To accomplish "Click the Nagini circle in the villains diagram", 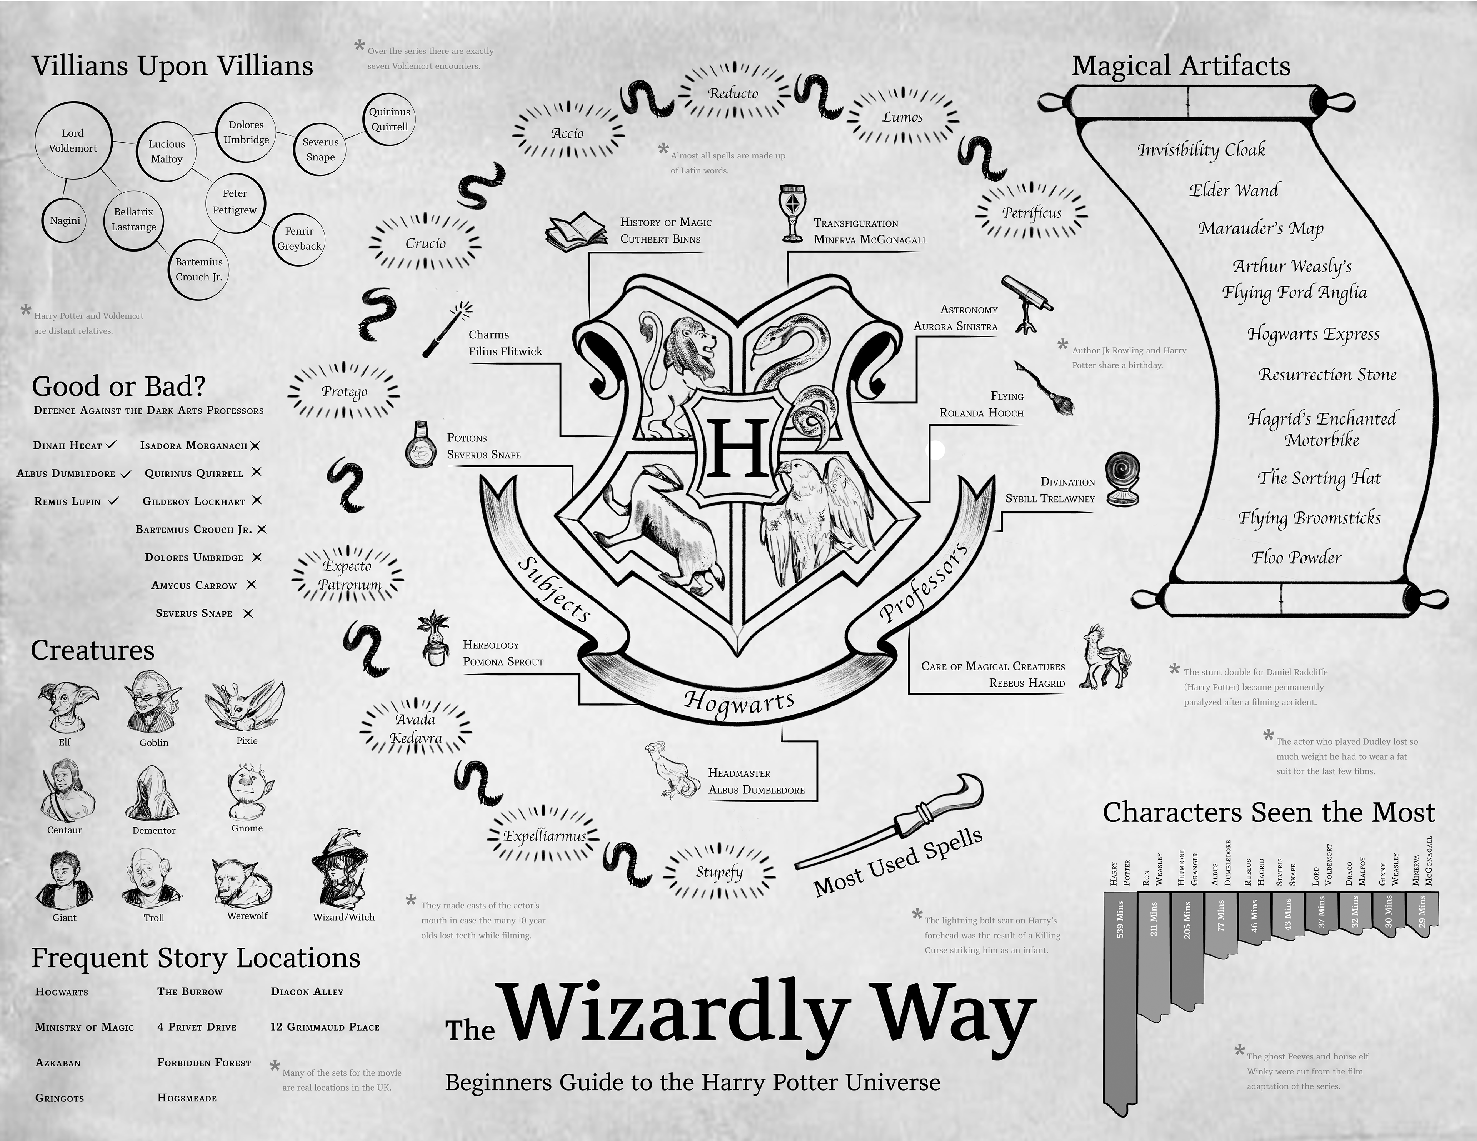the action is tap(65, 220).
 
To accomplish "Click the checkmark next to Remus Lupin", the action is tap(113, 501).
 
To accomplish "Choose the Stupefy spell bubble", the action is tap(719, 873).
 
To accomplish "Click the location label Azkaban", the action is tap(58, 1063).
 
